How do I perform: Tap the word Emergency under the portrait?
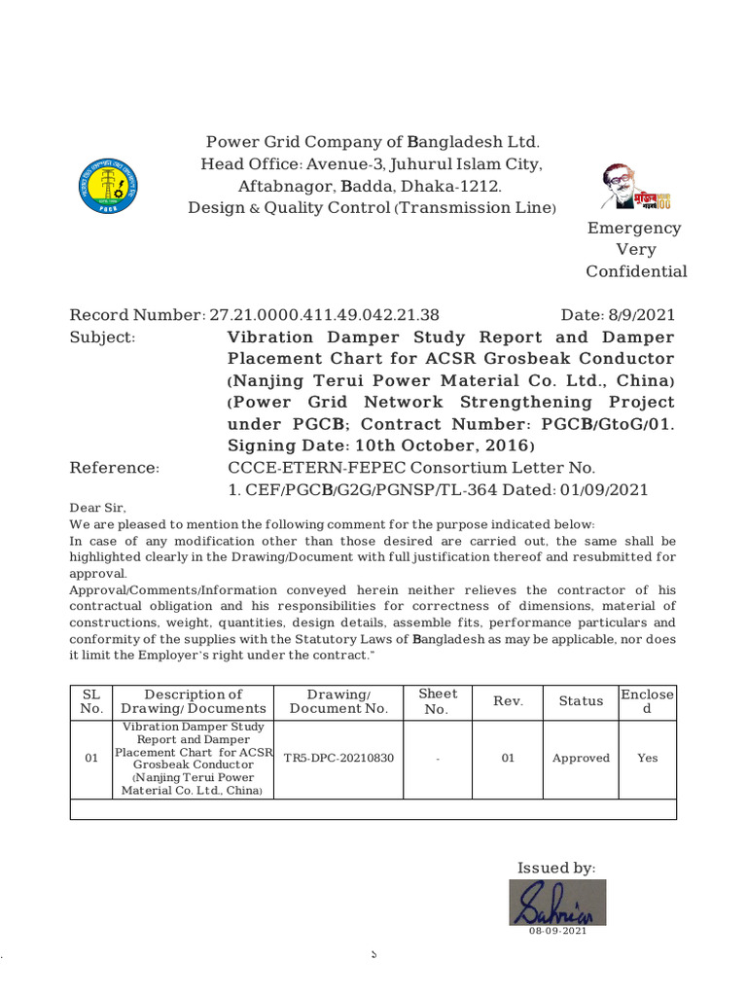(635, 228)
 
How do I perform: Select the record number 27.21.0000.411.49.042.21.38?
(324, 315)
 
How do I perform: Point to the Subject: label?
(102, 338)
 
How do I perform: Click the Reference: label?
(114, 468)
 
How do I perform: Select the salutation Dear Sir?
(97, 508)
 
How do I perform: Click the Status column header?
(581, 701)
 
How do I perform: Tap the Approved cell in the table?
(581, 759)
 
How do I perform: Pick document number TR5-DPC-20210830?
(338, 759)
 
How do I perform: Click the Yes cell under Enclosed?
(647, 759)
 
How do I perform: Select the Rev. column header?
(508, 701)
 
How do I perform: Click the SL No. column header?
(91, 701)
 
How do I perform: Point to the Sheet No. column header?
(437, 701)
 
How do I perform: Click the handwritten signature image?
(558, 903)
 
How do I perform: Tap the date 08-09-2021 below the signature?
(558, 932)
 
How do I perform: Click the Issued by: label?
(556, 868)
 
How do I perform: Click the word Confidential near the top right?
(636, 272)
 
